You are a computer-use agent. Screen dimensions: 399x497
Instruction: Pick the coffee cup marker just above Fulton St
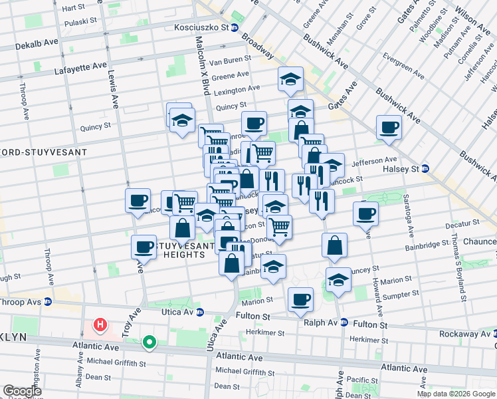point(301,300)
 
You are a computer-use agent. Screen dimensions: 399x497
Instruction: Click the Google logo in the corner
point(22,391)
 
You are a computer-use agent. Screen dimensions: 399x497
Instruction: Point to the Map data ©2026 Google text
point(455,394)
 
